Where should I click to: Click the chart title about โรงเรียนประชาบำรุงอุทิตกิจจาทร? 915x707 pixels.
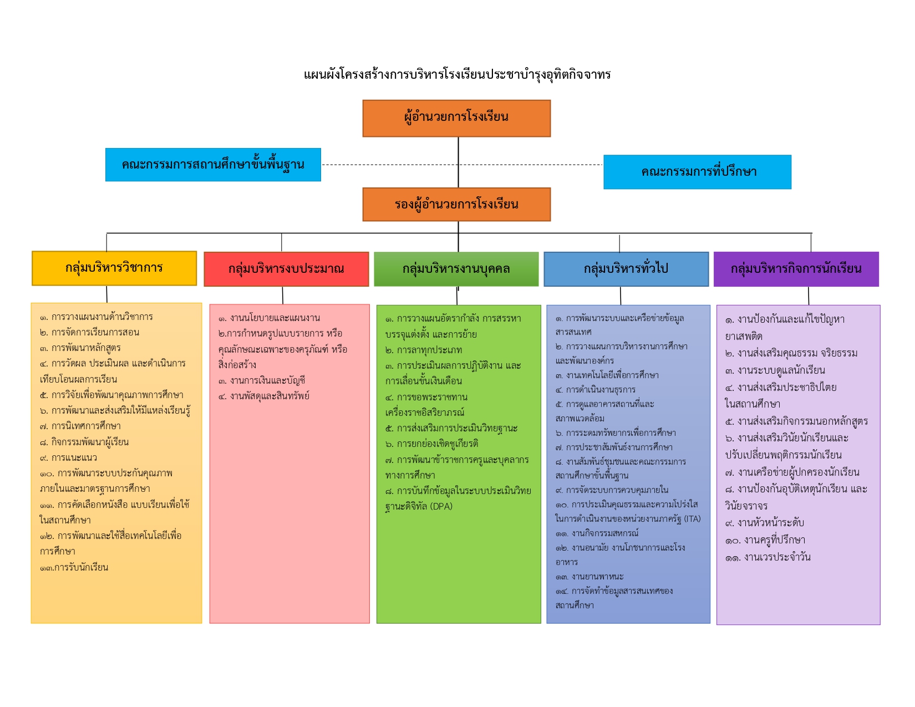457,74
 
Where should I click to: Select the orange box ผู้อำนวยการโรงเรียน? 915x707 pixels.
456,118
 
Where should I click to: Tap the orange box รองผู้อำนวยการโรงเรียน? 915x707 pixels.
456,205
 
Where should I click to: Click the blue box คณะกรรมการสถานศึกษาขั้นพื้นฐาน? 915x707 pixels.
213,165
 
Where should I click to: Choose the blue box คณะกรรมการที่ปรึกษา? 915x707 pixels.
697,172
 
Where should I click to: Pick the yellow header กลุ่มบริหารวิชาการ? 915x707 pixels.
114,268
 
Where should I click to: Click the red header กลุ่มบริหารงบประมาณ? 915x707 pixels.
286,269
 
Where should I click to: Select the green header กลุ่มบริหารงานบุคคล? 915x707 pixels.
456,269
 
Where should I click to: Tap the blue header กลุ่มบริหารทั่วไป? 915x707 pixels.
626,269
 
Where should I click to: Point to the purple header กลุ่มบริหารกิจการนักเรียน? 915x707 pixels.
796,269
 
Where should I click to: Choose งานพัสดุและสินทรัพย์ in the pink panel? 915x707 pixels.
270,396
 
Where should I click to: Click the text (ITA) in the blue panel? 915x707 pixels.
692,519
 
